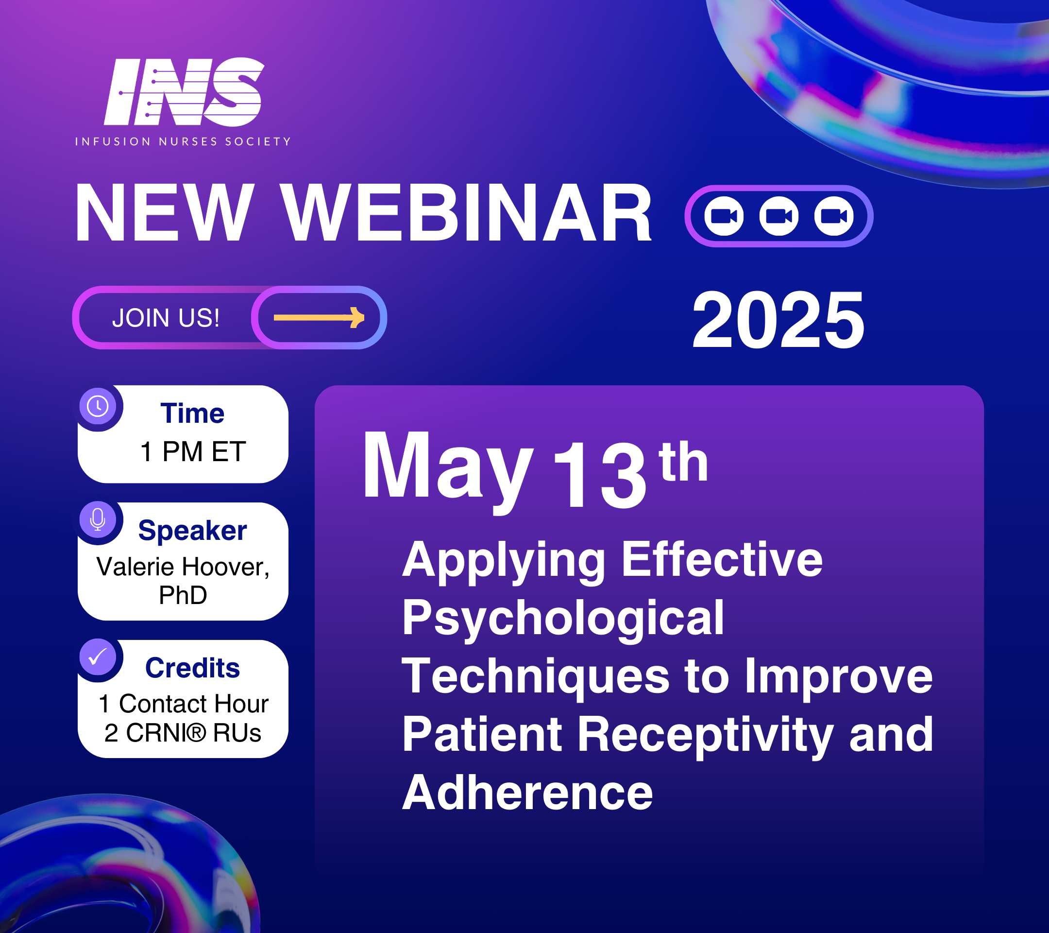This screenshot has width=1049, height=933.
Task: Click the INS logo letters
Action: click(x=184, y=91)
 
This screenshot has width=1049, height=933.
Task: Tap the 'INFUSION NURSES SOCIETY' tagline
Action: click(x=183, y=142)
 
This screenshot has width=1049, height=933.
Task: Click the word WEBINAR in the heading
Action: click(x=467, y=212)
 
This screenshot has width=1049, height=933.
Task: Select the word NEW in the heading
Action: click(x=165, y=212)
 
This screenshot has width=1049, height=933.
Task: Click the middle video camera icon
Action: click(x=778, y=216)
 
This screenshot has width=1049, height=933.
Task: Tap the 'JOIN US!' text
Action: click(x=166, y=318)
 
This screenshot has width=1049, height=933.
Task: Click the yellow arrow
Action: click(x=319, y=317)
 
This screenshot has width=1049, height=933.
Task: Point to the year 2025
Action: click(x=778, y=320)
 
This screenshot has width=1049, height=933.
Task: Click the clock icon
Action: click(x=98, y=406)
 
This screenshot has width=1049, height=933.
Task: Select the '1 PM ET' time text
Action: click(x=193, y=452)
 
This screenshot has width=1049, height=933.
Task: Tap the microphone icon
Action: click(x=98, y=519)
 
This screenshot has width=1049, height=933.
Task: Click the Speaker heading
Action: click(x=192, y=531)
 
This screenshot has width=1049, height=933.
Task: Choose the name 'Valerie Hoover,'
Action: click(x=183, y=568)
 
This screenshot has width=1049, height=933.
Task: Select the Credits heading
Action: click(x=192, y=668)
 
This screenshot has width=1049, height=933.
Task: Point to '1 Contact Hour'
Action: click(x=183, y=704)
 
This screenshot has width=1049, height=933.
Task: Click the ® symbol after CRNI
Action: click(x=196, y=733)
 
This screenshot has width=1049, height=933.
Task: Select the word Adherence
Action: click(x=527, y=792)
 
